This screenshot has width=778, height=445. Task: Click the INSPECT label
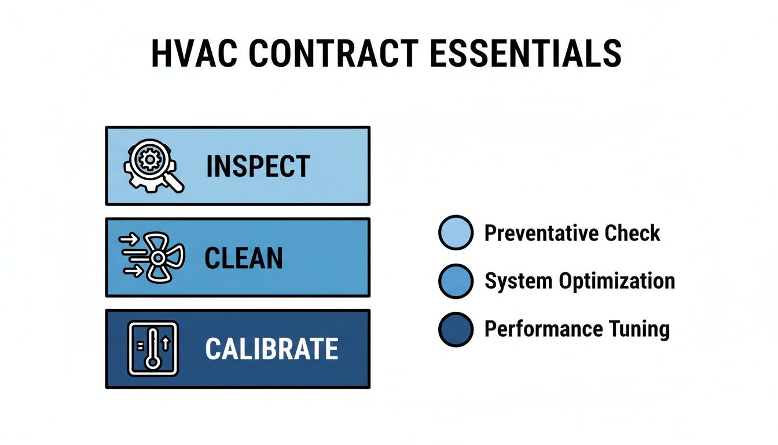[258, 167]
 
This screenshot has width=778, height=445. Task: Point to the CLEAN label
[244, 258]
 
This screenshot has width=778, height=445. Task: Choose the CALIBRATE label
[271, 349]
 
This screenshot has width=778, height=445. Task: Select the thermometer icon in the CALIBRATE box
[152, 348]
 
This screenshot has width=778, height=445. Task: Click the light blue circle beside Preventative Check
[456, 233]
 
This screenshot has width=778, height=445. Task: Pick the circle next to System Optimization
[456, 281]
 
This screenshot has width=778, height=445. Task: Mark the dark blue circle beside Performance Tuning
[456, 329]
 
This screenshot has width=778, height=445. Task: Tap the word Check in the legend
[632, 234]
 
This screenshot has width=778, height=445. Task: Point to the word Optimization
[616, 282]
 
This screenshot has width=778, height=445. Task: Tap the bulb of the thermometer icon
[152, 362]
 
